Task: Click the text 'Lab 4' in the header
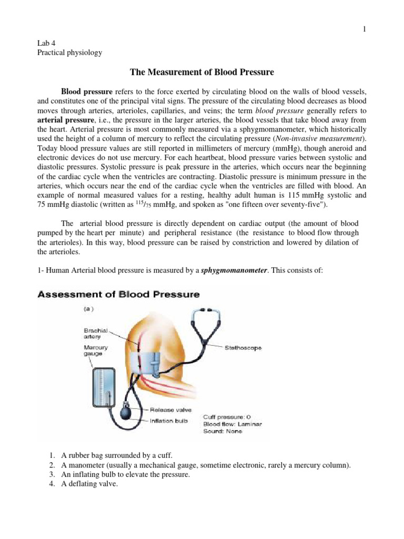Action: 46,45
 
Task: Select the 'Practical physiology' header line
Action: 69,54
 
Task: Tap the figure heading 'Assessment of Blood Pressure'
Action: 119,294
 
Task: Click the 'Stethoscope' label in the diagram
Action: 243,348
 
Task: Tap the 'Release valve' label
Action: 171,409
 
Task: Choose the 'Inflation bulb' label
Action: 169,420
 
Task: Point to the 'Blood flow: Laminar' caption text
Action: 233,424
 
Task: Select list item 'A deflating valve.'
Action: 84,485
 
